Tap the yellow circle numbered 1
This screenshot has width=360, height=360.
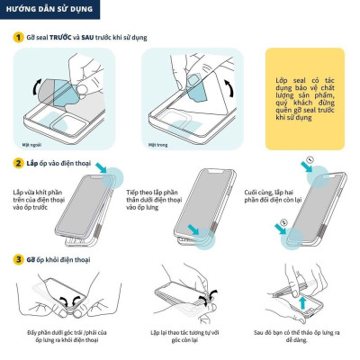(x=18, y=39)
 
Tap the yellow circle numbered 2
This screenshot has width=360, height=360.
(x=18, y=164)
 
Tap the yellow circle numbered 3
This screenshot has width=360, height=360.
(x=18, y=259)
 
